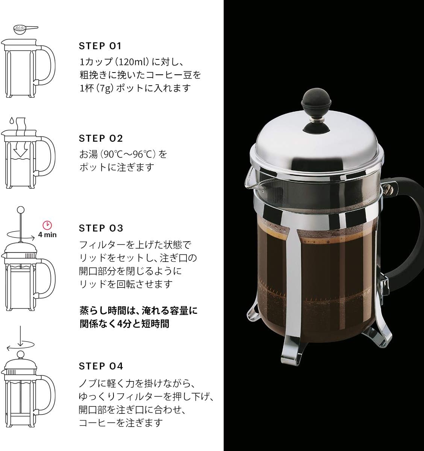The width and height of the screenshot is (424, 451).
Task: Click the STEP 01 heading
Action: [100, 46]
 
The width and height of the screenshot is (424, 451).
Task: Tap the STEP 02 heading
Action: [101, 138]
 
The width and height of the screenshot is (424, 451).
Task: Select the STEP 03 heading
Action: [101, 228]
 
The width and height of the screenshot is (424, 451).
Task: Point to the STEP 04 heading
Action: [101, 366]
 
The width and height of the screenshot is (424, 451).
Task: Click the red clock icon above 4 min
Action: [47, 225]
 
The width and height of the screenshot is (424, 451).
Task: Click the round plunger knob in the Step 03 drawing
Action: [21, 209]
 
